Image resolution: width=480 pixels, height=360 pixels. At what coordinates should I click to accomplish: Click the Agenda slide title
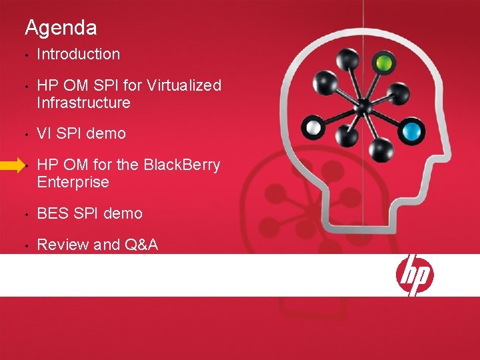(61, 28)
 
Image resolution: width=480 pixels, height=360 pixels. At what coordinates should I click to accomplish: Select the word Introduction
(78, 54)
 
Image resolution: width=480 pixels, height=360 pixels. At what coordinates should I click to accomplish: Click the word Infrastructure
(83, 103)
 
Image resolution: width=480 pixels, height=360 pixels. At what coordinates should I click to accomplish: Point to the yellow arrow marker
(13, 167)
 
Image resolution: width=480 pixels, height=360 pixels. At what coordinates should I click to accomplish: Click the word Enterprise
(73, 182)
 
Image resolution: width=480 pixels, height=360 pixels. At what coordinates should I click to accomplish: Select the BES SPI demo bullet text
(89, 213)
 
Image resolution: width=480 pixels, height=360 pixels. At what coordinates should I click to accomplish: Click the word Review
(63, 245)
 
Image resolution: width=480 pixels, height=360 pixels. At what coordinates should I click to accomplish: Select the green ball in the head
(383, 64)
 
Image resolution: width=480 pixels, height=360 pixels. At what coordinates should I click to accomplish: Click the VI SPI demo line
(81, 133)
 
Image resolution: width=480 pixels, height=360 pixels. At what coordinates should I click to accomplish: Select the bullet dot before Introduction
(23, 55)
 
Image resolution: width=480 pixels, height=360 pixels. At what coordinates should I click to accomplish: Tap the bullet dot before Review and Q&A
(23, 246)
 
